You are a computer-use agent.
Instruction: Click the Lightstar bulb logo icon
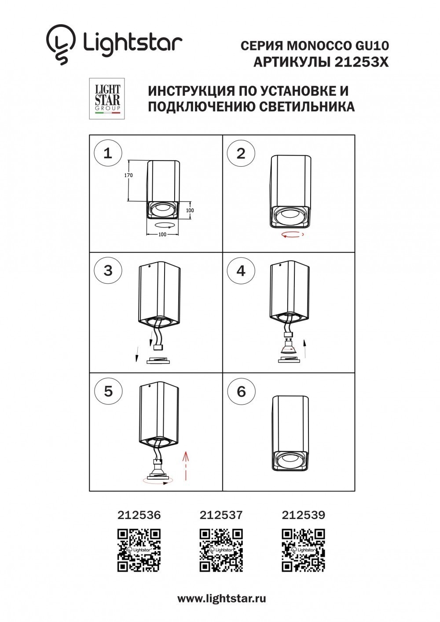[61, 44]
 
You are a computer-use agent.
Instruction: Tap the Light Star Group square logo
[107, 99]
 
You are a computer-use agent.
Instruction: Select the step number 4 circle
[241, 271]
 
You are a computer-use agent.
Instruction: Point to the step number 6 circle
[241, 391]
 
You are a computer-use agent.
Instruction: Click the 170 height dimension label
[128, 175]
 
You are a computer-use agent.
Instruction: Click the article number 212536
[139, 515]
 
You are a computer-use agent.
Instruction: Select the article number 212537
[221, 515]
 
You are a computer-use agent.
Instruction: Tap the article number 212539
[303, 515]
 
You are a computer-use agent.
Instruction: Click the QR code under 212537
[221, 550]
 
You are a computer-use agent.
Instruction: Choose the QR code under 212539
[303, 550]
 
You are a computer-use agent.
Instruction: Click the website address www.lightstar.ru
[221, 598]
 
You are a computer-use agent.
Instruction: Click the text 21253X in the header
[361, 62]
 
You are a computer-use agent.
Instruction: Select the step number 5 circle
[108, 391]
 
